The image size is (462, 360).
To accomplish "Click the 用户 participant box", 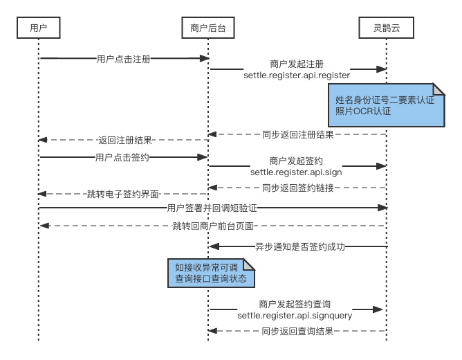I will (x=39, y=28).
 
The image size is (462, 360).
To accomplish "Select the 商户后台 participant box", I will (x=207, y=28).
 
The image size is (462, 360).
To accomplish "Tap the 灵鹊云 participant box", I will (x=386, y=28).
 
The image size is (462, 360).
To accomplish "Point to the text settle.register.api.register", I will (x=297, y=74).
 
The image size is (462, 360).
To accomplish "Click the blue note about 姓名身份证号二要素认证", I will (x=386, y=105).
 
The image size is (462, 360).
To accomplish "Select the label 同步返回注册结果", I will (x=298, y=134).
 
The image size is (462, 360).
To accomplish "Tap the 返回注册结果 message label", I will (x=125, y=140).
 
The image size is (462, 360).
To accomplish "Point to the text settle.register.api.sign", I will (x=297, y=171).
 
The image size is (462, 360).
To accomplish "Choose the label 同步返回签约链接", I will (x=298, y=188).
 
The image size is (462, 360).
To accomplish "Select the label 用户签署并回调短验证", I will (x=211, y=208).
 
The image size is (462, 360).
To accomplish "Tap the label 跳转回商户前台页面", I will (x=213, y=226).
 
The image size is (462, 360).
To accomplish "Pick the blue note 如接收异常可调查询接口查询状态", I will (x=212, y=273).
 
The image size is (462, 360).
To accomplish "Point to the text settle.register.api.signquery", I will (x=295, y=315).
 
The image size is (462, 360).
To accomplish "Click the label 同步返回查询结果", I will (x=298, y=331).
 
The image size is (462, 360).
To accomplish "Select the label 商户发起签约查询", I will (x=295, y=304).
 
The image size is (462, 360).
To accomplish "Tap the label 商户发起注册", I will (x=297, y=63).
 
